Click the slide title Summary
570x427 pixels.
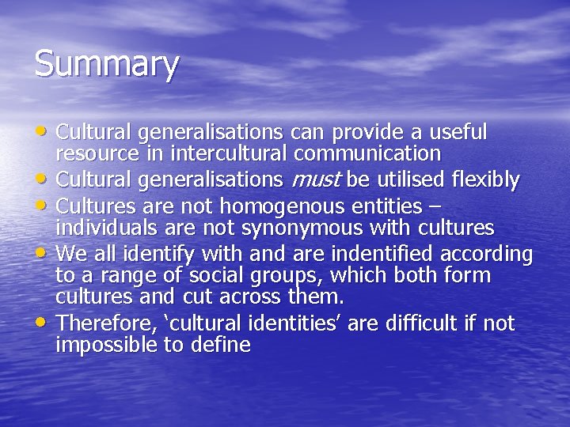click(107, 65)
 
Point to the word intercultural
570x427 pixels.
click(230, 153)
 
